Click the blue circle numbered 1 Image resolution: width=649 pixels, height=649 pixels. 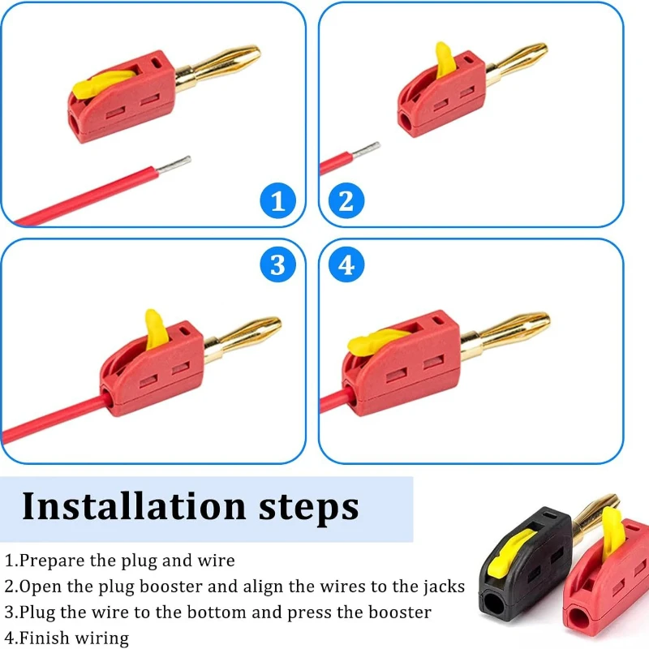pyautogui.click(x=278, y=200)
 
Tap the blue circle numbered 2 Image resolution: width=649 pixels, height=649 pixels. pyautogui.click(x=346, y=200)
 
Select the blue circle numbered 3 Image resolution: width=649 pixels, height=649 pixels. pyautogui.click(x=278, y=265)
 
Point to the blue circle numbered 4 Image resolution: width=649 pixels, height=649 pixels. pyautogui.click(x=346, y=265)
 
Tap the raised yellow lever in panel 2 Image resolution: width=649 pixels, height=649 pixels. pyautogui.click(x=444, y=60)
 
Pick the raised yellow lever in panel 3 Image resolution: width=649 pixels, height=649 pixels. pyautogui.click(x=153, y=329)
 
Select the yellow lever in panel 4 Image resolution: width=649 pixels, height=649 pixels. pyautogui.click(x=374, y=342)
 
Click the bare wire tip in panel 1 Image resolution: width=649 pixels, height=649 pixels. pyautogui.click(x=174, y=165)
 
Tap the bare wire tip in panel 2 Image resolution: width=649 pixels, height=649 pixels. pyautogui.click(x=367, y=150)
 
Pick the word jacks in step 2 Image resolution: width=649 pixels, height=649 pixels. pyautogui.click(x=444, y=587)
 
